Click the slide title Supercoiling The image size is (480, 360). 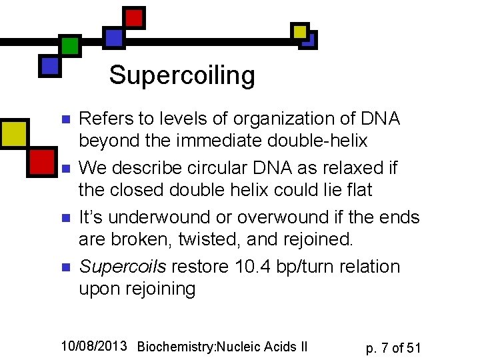182,75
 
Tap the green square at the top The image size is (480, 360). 69,45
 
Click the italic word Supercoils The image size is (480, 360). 123,267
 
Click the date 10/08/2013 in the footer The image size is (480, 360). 94,345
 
